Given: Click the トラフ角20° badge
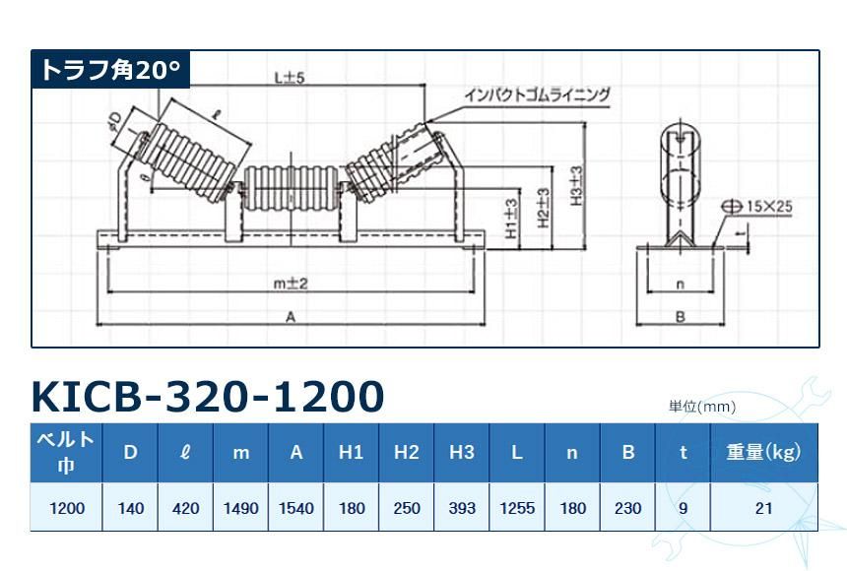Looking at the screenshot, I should click(x=109, y=70).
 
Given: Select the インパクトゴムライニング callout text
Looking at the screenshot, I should click(x=537, y=95).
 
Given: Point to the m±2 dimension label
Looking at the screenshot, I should click(x=291, y=283).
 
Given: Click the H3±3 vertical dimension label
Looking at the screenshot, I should click(x=577, y=184).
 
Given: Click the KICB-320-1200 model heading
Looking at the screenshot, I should click(x=208, y=397).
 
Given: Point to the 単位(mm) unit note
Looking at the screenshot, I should click(x=702, y=406).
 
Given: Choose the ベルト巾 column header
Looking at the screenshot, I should click(x=66, y=452).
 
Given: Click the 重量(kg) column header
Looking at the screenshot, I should click(x=764, y=452).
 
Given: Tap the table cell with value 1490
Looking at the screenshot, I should click(x=241, y=508).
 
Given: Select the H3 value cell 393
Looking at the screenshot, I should click(x=462, y=508).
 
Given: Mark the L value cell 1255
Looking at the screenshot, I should click(x=517, y=508).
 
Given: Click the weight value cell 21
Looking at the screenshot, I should click(x=764, y=508).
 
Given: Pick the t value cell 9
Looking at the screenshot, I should click(x=683, y=508).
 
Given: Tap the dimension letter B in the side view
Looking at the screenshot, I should click(x=680, y=317).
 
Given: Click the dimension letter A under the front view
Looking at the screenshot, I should click(x=291, y=317).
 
